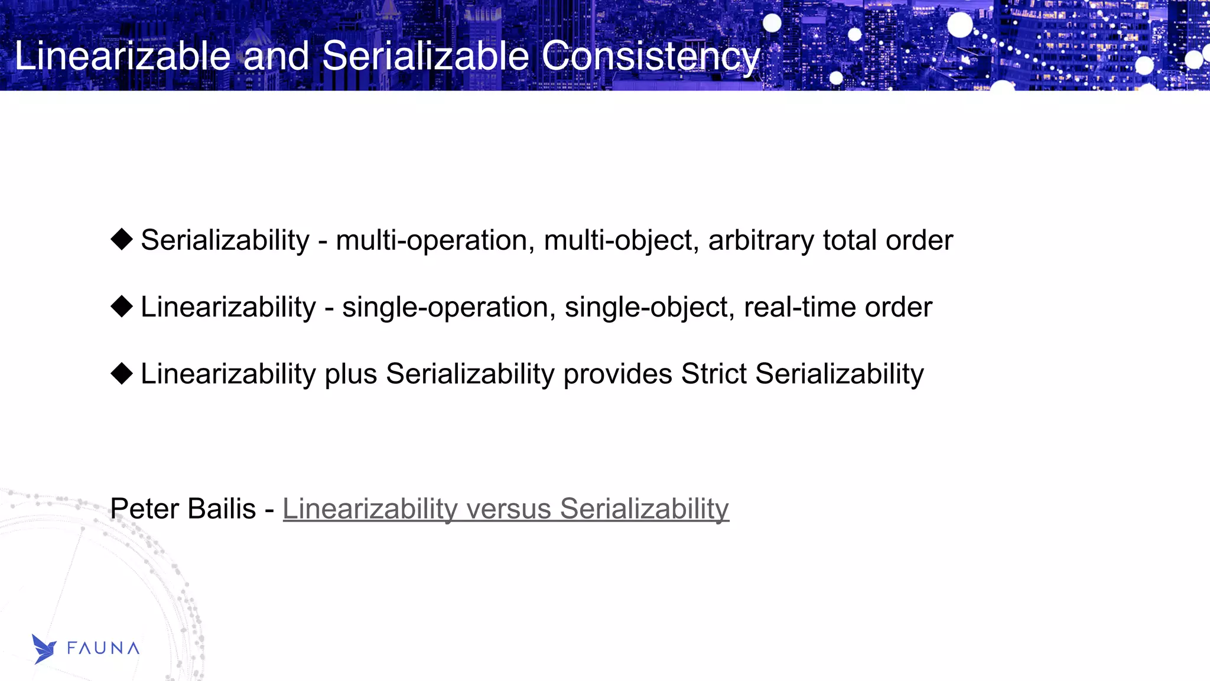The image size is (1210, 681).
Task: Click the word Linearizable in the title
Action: tap(122, 56)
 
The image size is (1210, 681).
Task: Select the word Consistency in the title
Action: tap(650, 56)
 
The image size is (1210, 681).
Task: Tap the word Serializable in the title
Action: tap(425, 56)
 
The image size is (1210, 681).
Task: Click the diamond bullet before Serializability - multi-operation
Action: tap(122, 240)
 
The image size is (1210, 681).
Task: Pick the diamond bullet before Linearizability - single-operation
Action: tap(122, 307)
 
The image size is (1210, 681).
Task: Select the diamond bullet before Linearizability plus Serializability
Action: tap(122, 373)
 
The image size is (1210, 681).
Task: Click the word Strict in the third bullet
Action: tap(714, 374)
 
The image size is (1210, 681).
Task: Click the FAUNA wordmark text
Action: tap(103, 649)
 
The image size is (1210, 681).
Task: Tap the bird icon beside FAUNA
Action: tap(44, 649)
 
